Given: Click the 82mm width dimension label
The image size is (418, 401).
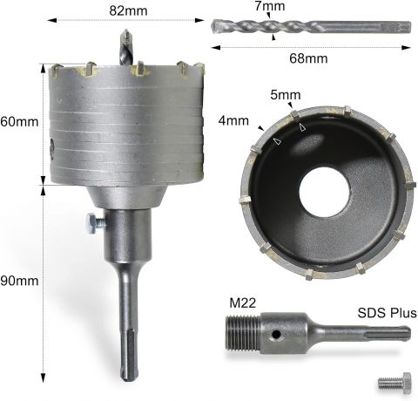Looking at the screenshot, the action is tap(128, 11).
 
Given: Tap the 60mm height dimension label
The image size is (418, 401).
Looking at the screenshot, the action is tap(19, 121).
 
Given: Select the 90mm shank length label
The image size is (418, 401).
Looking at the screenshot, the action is tap(19, 281).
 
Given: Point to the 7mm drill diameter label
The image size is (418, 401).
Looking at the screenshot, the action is tap(270, 6).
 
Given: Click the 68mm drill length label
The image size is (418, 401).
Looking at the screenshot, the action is tap(308, 58).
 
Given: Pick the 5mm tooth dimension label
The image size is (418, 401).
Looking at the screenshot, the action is tap(286, 95).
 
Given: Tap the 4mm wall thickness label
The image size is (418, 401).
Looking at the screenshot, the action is tap(233, 120).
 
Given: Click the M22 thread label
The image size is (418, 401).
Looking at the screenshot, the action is tap(243, 303).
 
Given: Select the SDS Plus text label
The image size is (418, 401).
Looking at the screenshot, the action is tap(387, 313).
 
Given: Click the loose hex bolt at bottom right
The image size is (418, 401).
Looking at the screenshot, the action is tap(394, 383).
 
